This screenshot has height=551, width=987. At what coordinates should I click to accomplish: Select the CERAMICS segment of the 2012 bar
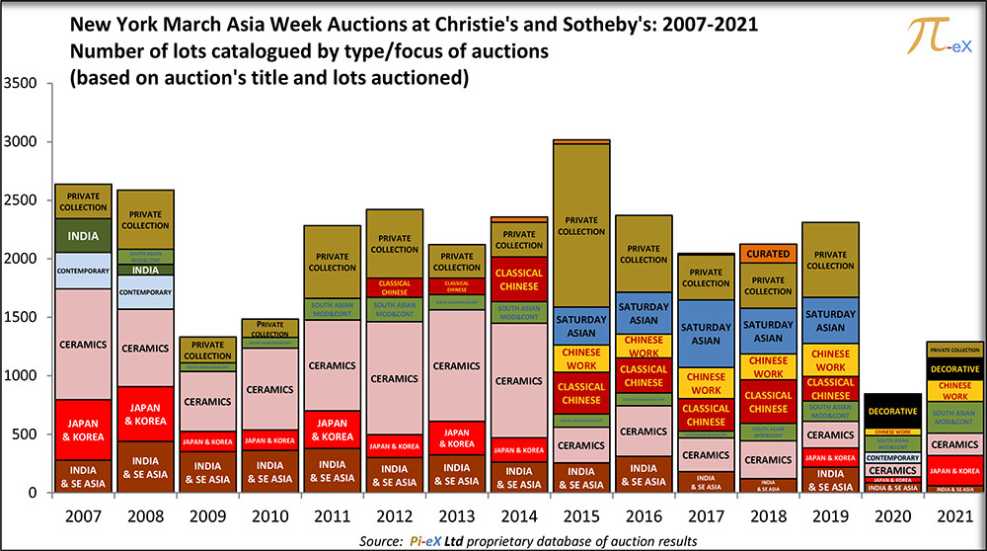394,378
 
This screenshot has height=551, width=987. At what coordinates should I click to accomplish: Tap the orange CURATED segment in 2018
768,254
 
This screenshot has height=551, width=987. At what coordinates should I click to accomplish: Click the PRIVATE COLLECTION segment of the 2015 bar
582,226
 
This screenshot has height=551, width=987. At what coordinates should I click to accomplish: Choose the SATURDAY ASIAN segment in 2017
706,334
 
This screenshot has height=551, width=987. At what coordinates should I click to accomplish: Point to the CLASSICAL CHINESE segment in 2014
518,279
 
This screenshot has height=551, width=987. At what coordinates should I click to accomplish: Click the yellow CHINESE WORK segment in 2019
830,359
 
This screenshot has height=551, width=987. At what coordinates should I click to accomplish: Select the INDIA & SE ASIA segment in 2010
270,472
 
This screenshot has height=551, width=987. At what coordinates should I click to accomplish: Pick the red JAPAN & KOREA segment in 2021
954,471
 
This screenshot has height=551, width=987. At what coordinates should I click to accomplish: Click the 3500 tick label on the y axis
22,84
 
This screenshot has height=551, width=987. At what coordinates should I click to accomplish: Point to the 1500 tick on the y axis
22,318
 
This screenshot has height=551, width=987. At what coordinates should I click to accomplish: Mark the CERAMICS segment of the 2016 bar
644,432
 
